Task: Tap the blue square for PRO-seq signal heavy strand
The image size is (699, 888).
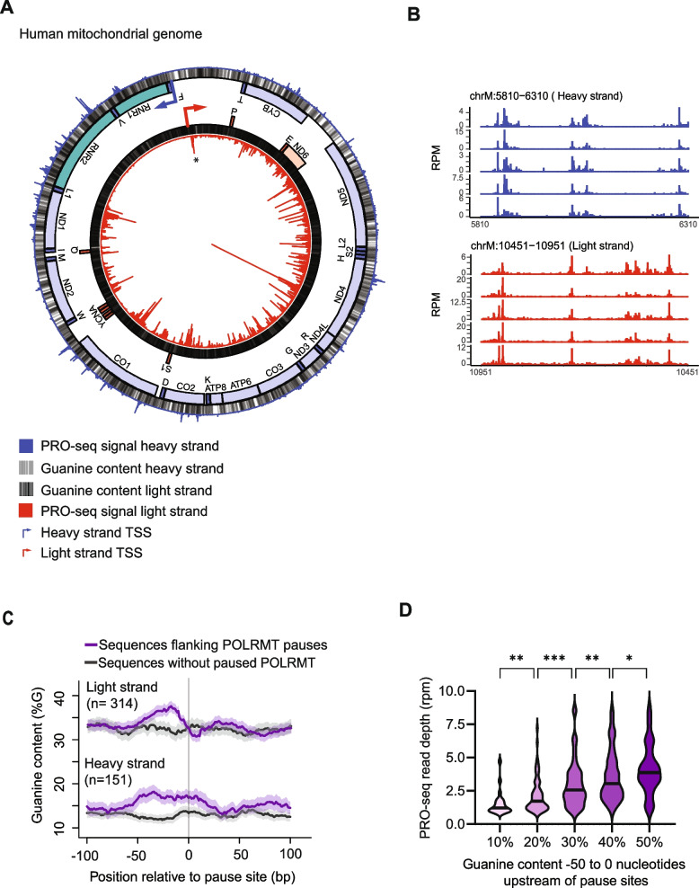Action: click(26, 444)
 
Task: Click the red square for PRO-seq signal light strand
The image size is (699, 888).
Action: click(26, 511)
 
